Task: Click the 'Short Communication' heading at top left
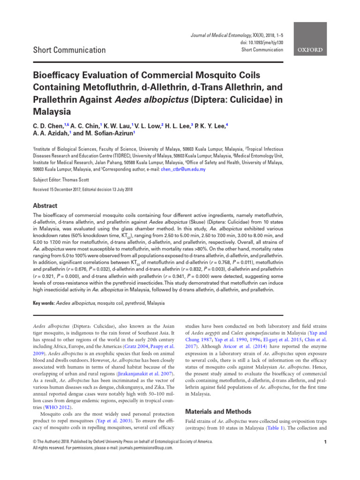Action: click(x=69, y=50)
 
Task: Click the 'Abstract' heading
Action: click(x=45, y=206)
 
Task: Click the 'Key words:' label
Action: click(x=43, y=303)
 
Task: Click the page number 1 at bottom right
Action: click(x=325, y=442)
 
